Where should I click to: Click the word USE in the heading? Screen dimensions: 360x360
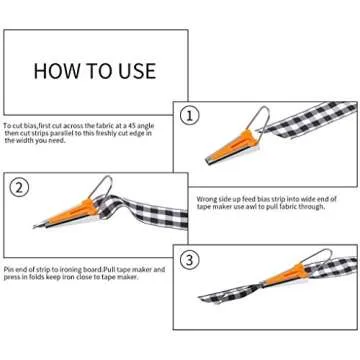pyautogui.click(x=135, y=70)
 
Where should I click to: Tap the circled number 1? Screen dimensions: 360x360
pyautogui.click(x=190, y=116)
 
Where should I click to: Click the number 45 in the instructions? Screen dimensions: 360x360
pyautogui.click(x=144, y=125)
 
